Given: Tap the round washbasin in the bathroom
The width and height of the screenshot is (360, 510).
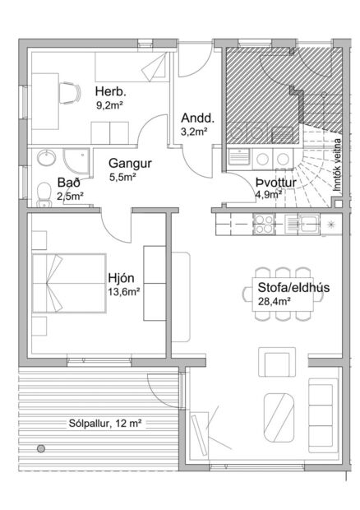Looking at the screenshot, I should tap(44, 155).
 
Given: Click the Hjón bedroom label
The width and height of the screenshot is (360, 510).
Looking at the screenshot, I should tap(121, 277).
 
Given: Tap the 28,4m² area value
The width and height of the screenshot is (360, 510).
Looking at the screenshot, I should tap(274, 302).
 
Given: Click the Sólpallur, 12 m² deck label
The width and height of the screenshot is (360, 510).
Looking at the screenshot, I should tap(105, 424).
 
